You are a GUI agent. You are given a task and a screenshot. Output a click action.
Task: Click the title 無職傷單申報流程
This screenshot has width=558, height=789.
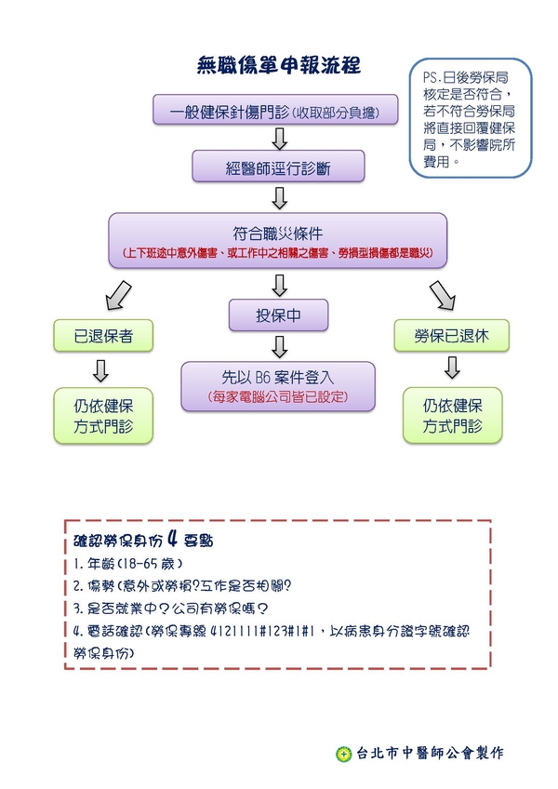click(x=279, y=65)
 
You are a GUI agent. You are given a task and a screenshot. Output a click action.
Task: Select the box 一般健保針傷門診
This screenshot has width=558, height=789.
click(x=276, y=112)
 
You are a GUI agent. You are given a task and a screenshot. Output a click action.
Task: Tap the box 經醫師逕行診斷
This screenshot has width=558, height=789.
click(x=277, y=168)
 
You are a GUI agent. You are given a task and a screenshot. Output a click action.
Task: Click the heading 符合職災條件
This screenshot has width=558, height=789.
click(x=277, y=233)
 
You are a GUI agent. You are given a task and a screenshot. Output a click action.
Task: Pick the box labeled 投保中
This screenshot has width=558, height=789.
click(x=278, y=316)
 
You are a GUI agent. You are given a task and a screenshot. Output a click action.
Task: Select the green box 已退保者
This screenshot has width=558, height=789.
click(x=101, y=336)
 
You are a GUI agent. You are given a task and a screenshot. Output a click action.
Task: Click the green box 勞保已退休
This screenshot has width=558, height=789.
click(x=451, y=336)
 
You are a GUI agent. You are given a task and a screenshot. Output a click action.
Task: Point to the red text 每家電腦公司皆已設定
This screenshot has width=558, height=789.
click(x=277, y=397)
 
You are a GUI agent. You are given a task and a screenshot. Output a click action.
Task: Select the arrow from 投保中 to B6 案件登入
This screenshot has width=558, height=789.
click(x=278, y=346)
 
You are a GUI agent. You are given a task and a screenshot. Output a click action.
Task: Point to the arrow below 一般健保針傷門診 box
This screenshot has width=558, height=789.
click(x=277, y=139)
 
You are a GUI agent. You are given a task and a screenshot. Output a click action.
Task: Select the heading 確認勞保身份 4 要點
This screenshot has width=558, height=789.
click(x=144, y=541)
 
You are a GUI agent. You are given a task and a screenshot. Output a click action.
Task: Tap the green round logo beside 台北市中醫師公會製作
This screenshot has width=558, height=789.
click(x=344, y=754)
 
